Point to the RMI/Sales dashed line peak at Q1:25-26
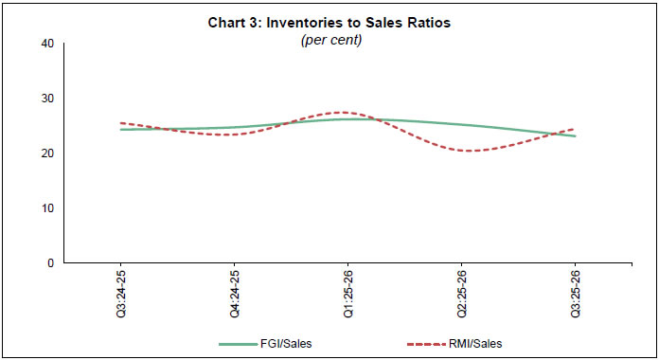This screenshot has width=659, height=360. [x=345, y=113]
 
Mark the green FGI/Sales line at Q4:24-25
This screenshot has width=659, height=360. [x=234, y=127]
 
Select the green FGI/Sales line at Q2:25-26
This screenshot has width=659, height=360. [x=461, y=125]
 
